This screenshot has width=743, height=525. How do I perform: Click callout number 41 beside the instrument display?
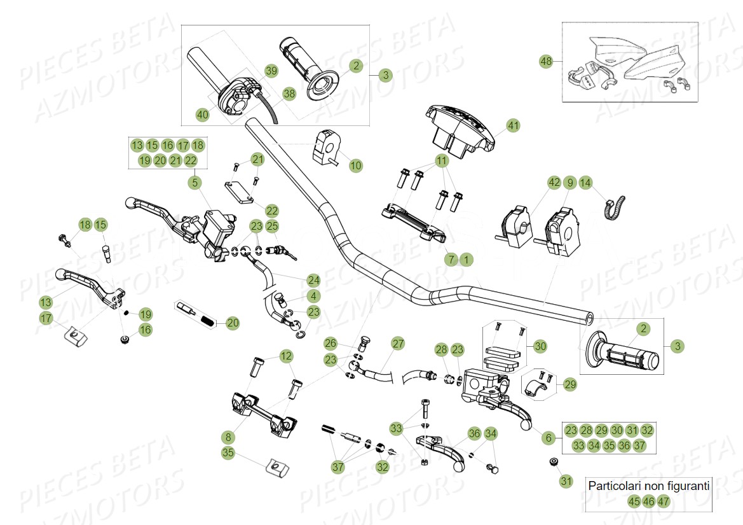coord(513,126)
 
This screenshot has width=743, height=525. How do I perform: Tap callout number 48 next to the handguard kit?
coord(546,62)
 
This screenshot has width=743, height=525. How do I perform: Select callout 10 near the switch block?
coord(356,165)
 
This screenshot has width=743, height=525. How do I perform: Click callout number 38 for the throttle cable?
coord(289,94)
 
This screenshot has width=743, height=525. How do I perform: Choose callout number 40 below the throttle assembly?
coord(202,115)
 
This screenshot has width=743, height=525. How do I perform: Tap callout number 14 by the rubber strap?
coord(585,183)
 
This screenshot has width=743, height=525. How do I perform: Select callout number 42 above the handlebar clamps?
coord(554,183)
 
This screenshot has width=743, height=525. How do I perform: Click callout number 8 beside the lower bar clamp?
coord(228,437)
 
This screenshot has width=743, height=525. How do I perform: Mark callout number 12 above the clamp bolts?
coord(286,356)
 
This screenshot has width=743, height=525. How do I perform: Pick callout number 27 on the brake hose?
coord(398,344)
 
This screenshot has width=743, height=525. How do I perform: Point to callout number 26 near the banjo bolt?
coord(331,344)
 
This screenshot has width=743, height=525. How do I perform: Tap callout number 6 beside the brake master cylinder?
coord(549,438)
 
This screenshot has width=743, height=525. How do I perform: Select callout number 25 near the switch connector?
coord(272,226)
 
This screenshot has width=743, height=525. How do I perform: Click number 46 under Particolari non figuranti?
coord(648,501)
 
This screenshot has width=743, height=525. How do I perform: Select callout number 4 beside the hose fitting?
coord(313,296)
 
